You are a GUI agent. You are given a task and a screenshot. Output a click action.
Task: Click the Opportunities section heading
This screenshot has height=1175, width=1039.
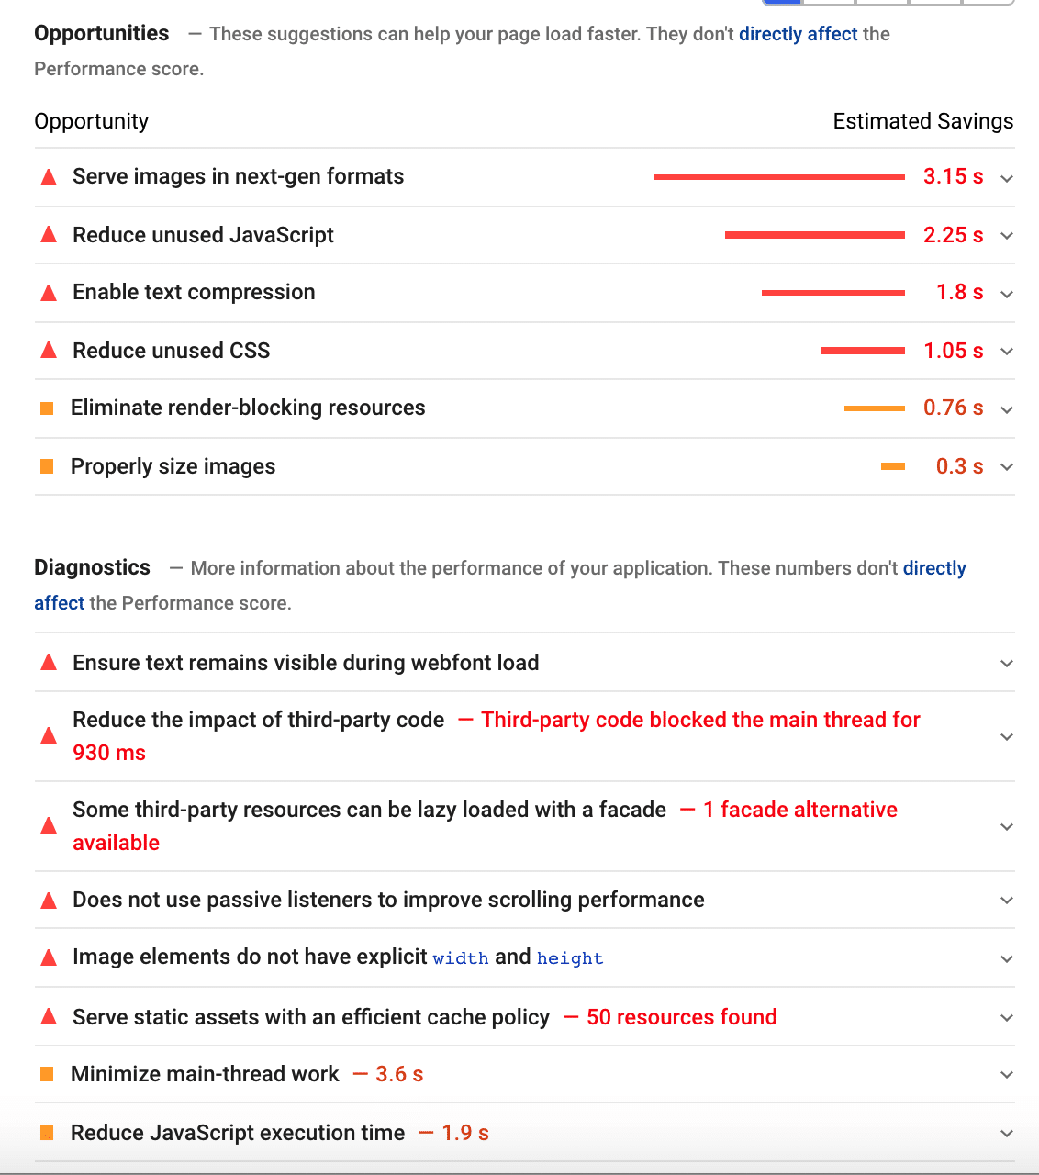point(101,34)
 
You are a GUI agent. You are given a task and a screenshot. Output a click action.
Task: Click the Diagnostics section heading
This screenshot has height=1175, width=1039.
point(92,568)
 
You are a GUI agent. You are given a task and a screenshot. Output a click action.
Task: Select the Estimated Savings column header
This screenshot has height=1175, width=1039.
point(922,122)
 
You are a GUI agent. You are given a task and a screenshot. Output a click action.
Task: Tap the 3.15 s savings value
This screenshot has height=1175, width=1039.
point(953,177)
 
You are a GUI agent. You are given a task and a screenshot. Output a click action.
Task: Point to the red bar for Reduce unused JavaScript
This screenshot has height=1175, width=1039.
point(814,236)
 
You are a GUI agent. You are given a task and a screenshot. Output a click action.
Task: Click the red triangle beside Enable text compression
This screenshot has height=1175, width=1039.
point(50,294)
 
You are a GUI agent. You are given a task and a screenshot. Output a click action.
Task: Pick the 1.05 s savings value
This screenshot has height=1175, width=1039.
point(953,352)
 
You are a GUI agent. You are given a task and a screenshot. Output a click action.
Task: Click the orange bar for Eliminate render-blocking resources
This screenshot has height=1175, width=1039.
point(874,408)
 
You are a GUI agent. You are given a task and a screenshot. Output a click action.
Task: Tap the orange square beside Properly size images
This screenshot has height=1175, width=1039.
point(48,467)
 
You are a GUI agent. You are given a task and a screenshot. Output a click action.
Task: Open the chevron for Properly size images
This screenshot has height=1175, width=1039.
point(1007,468)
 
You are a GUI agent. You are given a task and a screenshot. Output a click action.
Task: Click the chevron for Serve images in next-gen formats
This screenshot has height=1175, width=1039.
point(1007,179)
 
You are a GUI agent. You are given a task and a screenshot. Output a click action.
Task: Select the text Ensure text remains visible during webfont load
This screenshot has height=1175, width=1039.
point(306,664)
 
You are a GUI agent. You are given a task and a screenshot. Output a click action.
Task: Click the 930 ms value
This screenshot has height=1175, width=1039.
point(109,754)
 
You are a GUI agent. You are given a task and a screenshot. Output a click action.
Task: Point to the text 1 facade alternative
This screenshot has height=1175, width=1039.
point(799,811)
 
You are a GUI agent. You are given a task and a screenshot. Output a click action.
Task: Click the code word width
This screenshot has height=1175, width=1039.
point(461,959)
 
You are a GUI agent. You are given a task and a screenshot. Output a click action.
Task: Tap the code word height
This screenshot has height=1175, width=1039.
point(570,959)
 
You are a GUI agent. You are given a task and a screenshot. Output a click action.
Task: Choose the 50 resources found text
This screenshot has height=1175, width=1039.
point(681,1018)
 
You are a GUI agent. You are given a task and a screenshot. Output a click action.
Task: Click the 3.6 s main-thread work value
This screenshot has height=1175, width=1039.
point(399,1075)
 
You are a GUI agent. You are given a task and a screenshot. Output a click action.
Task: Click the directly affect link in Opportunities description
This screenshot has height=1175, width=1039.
point(798,35)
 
